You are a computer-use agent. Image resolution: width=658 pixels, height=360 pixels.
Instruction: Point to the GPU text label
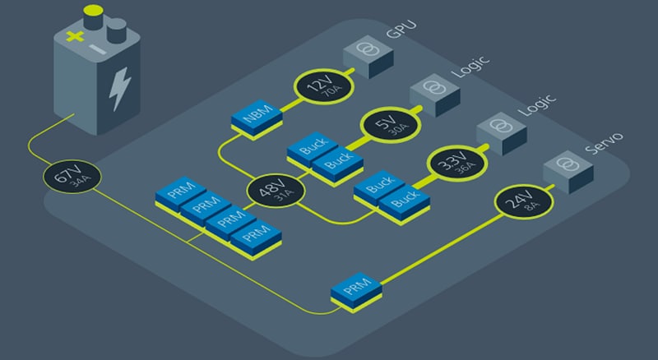[401, 35]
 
